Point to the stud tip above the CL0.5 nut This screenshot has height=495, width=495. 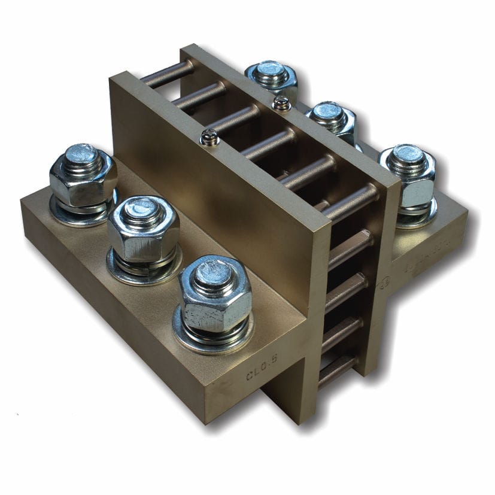(214, 271)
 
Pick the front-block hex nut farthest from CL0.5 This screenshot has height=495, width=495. (83, 177)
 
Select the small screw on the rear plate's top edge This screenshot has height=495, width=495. (281, 104)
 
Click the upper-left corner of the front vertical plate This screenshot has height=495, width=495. (114, 77)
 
